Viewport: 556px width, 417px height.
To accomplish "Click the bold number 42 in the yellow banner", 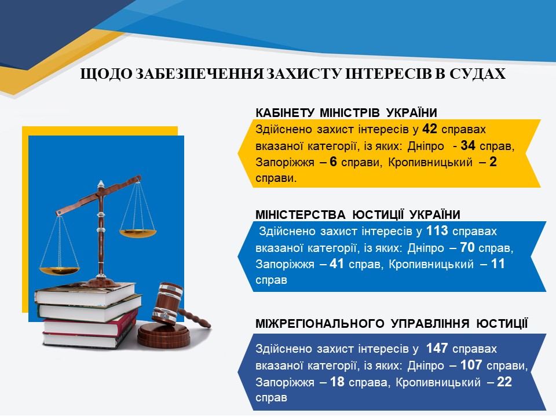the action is coord(429,129).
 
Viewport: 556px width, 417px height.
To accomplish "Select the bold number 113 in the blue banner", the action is coord(437,231).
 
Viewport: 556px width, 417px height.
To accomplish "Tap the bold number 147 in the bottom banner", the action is coord(437,348).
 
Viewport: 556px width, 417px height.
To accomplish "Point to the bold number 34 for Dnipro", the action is coord(468,145).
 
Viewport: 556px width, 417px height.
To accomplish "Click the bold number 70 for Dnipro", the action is coord(467,247).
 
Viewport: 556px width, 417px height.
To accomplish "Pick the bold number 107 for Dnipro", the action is coord(471,365).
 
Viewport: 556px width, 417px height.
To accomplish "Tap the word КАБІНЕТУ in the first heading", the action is coord(285,113).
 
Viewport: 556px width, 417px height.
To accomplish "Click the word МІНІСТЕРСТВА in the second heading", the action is coord(301,214).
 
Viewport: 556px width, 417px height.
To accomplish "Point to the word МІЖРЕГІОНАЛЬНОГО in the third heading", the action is coord(320,323).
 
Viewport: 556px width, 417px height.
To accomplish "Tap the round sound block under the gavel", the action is coord(164,335).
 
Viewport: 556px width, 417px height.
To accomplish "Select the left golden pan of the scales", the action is coord(59,270).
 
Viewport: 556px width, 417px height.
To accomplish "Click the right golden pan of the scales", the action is coord(138,233).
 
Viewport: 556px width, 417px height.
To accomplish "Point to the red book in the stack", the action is coord(90,324).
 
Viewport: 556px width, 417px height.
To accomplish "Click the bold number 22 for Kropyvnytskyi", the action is coord(504,382).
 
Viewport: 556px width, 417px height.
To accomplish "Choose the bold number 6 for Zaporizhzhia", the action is coord(334,162).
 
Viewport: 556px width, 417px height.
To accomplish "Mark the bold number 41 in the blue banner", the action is coord(336,264).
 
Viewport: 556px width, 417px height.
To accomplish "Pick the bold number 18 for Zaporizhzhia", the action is coord(337,382).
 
